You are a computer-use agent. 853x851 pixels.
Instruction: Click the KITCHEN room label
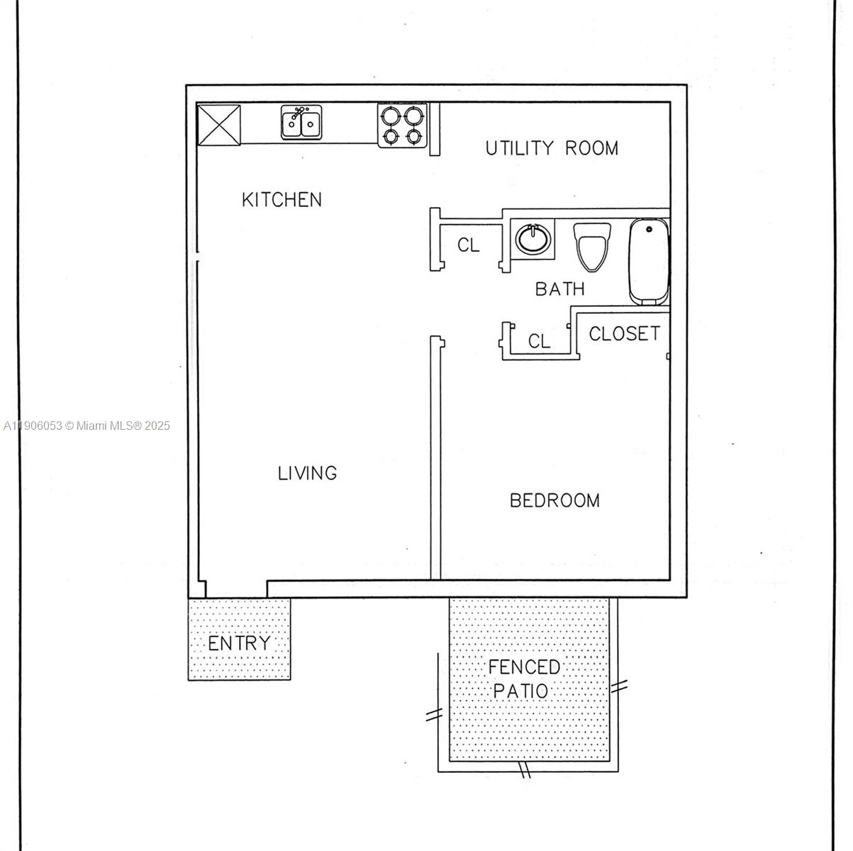point(281,200)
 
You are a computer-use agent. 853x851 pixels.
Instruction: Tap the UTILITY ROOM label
point(552,148)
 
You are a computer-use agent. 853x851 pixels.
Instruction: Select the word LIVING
point(307,473)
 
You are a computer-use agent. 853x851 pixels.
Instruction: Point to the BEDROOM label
point(554,501)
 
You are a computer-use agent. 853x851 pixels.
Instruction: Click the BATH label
point(559,289)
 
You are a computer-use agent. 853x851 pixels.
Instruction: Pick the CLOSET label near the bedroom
point(624,333)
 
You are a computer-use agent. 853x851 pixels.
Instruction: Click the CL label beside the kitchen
point(469,245)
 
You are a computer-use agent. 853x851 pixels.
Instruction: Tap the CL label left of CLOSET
point(539,342)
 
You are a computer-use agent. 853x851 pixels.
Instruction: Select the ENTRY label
point(239,644)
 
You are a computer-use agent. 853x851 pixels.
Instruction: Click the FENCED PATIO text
point(523,679)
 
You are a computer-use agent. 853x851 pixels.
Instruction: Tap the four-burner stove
point(403,126)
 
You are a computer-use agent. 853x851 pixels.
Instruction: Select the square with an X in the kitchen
point(218,126)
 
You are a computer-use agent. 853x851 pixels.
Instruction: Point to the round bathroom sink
point(530,238)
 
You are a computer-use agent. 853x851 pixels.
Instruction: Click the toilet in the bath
point(592,247)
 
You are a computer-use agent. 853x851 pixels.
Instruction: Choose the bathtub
point(649,262)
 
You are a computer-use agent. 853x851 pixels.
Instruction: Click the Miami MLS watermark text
point(87,426)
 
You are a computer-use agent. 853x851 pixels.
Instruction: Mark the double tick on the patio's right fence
point(619,686)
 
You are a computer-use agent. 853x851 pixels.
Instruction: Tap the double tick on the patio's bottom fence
point(525,770)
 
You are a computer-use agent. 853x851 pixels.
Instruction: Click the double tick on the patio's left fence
point(433,715)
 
